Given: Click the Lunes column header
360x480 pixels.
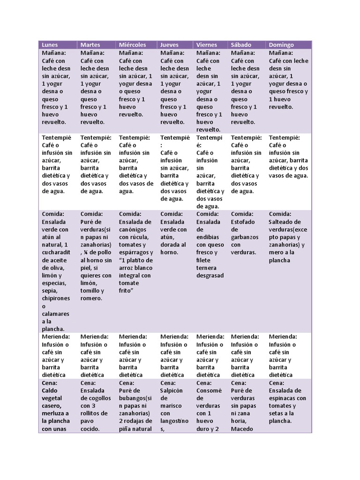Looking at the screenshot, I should point(50,45).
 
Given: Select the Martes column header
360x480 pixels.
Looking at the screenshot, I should point(90,45).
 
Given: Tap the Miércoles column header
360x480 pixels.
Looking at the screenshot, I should point(132,45).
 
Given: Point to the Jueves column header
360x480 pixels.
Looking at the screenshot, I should point(169,45).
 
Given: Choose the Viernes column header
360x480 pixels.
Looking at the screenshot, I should point(207,45).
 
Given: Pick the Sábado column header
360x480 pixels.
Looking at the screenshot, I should point(241,45).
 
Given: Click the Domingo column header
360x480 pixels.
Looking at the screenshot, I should point(281,45).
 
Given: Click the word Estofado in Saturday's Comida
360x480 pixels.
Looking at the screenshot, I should point(243,222).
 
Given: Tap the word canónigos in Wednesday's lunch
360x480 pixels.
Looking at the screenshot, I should point(133,229).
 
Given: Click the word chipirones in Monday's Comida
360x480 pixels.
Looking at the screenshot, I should point(56,298).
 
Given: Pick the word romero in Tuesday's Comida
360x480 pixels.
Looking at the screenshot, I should point(91,298).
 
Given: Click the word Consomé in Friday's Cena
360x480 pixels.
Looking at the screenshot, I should point(209,390).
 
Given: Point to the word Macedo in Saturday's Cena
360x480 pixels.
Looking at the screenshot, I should point(242,428).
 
